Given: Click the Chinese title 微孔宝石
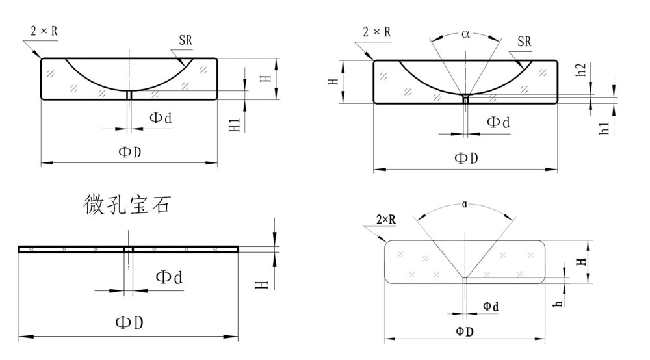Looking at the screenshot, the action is (127, 204).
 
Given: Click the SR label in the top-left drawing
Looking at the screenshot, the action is (186, 40).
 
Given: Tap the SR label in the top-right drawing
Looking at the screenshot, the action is (525, 42).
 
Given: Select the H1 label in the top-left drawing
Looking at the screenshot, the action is (235, 125).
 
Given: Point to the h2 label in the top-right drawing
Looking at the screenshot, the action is (582, 69).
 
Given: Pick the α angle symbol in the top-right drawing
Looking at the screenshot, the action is (465, 34).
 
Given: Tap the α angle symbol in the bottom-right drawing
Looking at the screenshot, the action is (464, 204).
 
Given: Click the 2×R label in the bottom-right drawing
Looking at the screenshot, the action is (386, 220).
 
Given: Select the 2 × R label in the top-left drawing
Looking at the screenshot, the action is (44, 31).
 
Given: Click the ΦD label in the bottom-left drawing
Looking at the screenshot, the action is (129, 322).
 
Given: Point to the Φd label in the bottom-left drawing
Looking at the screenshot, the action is (169, 277).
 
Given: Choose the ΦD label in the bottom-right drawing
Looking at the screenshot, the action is (465, 331).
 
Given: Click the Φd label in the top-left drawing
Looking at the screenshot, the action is (161, 118).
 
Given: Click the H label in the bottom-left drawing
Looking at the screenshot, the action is (262, 284).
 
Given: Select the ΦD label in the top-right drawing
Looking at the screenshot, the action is (466, 158).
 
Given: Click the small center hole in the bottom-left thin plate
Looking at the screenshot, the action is (129, 250).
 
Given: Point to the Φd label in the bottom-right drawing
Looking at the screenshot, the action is (491, 307).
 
